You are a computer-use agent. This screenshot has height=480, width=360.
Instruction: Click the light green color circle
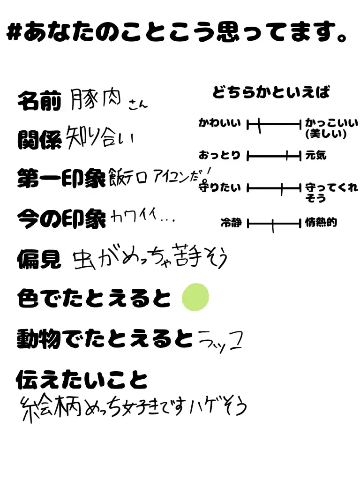[195, 297]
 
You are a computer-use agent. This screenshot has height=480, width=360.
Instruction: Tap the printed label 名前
[39, 101]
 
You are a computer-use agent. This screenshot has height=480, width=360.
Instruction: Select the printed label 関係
[39, 139]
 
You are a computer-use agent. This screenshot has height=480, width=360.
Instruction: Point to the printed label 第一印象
[61, 179]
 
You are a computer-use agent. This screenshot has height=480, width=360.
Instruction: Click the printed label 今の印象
[61, 218]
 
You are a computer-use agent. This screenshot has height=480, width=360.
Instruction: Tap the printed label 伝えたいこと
[82, 380]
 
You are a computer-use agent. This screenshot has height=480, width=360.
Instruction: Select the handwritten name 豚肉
[97, 99]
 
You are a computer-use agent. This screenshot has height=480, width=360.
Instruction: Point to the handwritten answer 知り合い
[99, 135]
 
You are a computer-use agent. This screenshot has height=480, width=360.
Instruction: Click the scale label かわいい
[219, 124]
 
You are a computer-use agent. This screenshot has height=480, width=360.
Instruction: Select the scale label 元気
[315, 155]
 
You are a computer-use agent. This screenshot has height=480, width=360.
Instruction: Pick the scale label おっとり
[219, 155]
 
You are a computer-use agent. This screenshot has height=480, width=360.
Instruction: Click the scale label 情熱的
[321, 223]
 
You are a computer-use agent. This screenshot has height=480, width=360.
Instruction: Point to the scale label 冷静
[231, 223]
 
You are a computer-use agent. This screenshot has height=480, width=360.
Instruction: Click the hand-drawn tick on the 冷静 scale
[273, 225]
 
